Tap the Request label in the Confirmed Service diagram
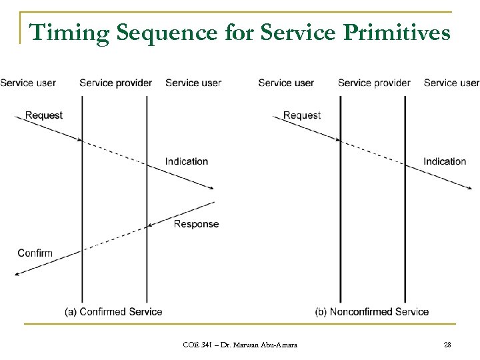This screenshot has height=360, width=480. click(44, 115)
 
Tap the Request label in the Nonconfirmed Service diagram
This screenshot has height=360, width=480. click(302, 115)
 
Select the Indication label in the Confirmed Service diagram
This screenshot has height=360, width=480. click(187, 161)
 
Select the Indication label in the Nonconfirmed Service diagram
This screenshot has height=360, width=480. click(445, 161)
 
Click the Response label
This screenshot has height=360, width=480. click(196, 224)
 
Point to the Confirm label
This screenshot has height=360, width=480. click(35, 253)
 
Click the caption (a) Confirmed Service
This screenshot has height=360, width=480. click(113, 311)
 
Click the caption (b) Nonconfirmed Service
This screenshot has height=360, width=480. click(372, 311)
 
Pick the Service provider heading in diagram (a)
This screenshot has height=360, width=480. click(115, 83)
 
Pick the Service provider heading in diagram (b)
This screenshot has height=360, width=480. click(374, 83)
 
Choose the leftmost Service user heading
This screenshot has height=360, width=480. click(28, 83)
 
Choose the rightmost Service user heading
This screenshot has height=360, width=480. click(451, 83)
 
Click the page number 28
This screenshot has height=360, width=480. click(447, 345)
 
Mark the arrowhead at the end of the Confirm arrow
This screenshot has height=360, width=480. click(17, 273)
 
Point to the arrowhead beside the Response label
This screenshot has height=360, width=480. click(151, 226)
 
